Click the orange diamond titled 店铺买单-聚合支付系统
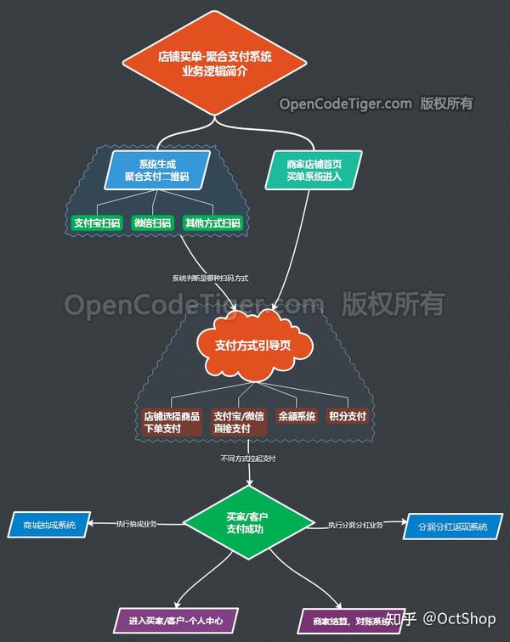(x=214, y=65)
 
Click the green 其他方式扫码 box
(x=212, y=223)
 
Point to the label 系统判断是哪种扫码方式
(x=210, y=278)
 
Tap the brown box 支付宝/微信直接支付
(x=233, y=422)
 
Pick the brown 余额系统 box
(x=296, y=417)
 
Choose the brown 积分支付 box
(x=347, y=417)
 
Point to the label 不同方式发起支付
(x=247, y=459)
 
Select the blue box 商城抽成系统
(x=49, y=525)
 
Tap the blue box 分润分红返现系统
(x=452, y=527)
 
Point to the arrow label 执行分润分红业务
(x=355, y=525)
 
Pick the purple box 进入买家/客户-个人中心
(x=175, y=621)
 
